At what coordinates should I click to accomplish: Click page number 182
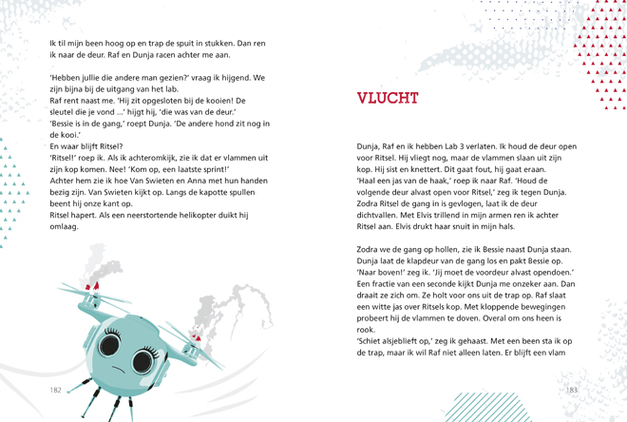coord(55,390)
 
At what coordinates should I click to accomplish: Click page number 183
coord(571,390)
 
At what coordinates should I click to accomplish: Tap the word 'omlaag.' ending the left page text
coord(64,226)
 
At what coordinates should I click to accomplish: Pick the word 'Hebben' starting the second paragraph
coord(66,77)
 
